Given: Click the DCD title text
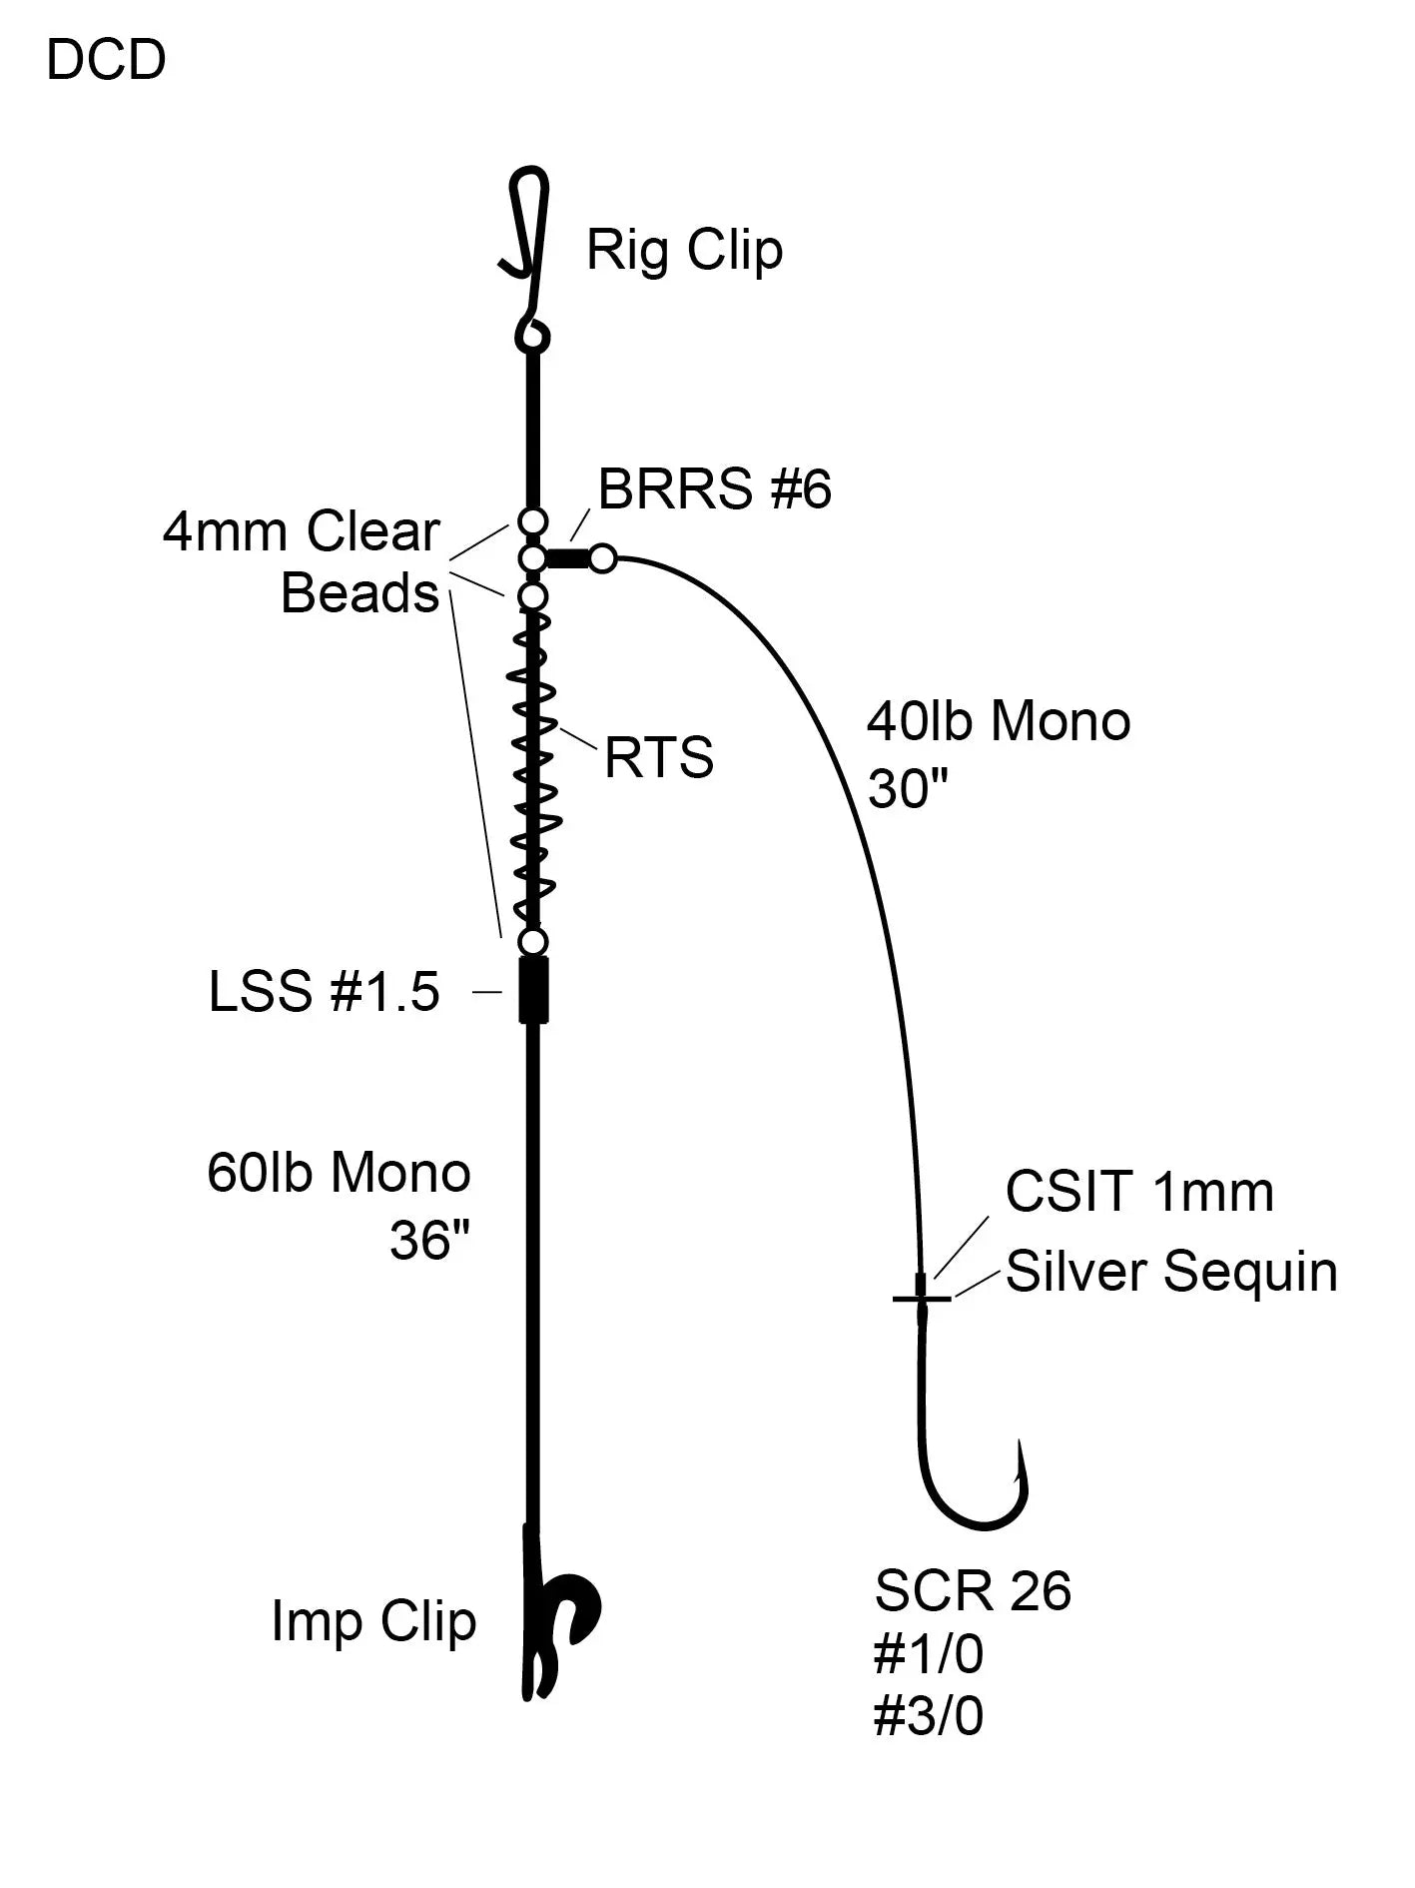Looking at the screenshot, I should coord(106,61).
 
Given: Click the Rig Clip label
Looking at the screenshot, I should coord(684,250).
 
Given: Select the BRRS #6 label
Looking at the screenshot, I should coord(714,490).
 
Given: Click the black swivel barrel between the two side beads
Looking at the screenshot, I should coord(568,558).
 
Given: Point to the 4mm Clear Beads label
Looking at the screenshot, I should coord(303,561).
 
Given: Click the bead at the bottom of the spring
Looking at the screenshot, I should coord(534,942).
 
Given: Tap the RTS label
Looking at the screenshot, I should coord(659,758).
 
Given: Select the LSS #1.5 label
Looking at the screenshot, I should coord(324,992).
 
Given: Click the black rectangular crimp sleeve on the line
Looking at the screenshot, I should coord(534,990).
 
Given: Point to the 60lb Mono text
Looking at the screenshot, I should coord(339,1173).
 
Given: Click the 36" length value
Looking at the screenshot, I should coord(429,1241).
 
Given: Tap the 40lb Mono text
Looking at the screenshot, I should coord(998,721).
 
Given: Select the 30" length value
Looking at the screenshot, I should coord(907,790).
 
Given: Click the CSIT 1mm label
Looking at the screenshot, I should coord(1139,1192).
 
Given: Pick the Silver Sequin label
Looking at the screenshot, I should coord(1171,1272).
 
